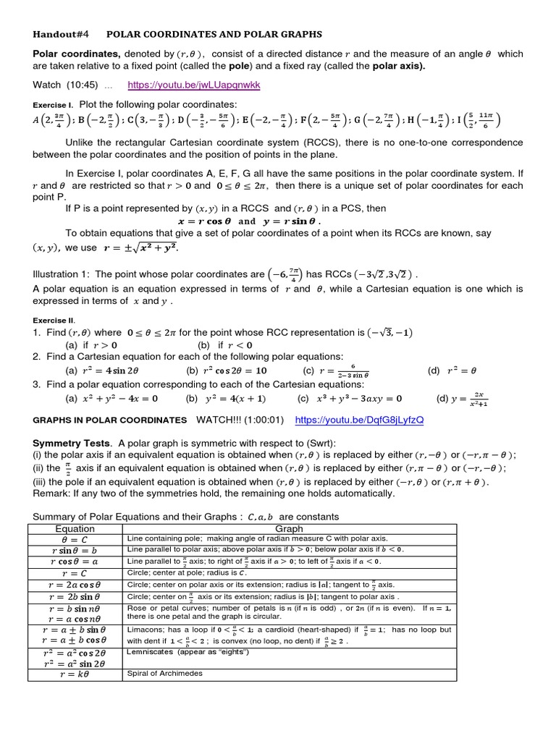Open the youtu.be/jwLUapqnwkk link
point(193,85)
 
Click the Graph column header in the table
point(290,529)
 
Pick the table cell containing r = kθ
point(75,674)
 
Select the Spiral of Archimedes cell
point(164,674)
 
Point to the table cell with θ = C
point(75,539)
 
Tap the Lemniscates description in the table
point(188,652)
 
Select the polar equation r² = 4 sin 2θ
point(106,370)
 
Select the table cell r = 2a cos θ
point(75,585)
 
